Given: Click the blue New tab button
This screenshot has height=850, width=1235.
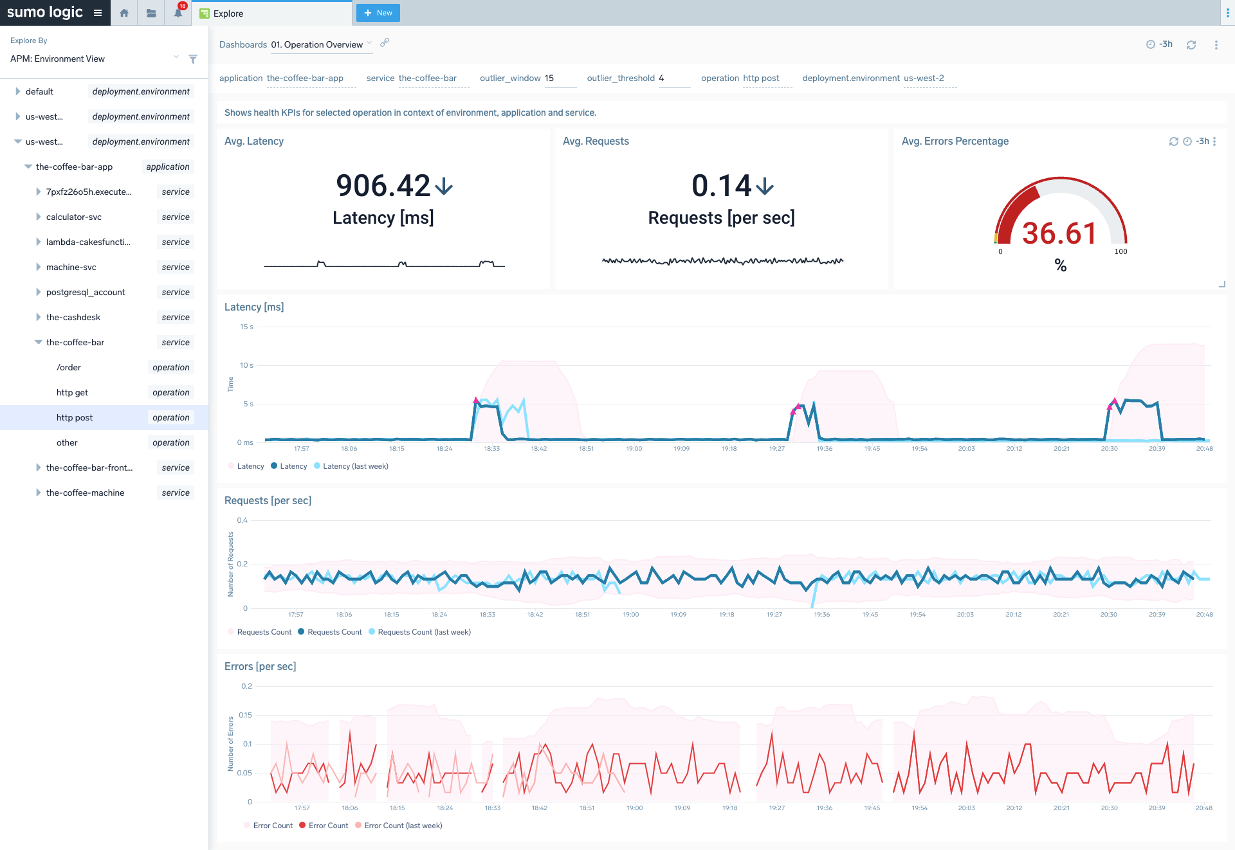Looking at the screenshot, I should [378, 13].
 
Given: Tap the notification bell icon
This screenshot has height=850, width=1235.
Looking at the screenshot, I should [178, 13].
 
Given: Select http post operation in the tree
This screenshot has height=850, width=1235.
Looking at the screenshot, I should [75, 417].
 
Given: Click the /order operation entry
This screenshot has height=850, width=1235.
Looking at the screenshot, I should [69, 367].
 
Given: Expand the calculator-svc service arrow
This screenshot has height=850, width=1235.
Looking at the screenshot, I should [39, 217].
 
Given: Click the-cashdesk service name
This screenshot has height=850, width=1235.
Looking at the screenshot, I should [73, 317].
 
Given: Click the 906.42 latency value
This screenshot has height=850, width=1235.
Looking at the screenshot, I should [383, 186].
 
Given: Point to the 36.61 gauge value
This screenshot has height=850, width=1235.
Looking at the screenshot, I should [1059, 233].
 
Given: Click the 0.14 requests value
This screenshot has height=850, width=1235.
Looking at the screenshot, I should [721, 186].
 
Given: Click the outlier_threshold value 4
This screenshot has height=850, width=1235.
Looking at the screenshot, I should [661, 78].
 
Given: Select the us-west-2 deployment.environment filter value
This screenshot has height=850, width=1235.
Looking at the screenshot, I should [924, 78].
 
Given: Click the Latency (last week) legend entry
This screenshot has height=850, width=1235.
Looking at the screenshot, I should [355, 466].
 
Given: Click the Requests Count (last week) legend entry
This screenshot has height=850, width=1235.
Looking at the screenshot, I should [424, 632].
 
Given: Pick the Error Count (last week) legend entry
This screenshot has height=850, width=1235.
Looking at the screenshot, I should [403, 826].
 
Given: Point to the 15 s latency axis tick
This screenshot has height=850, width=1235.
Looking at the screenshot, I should [246, 327].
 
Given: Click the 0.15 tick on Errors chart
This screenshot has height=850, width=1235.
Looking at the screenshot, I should [245, 715].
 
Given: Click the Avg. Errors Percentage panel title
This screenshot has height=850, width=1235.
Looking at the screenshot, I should [955, 141].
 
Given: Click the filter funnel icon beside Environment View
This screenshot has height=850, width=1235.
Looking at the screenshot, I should [193, 59].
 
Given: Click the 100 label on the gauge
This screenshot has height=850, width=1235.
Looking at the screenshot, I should [1121, 251].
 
